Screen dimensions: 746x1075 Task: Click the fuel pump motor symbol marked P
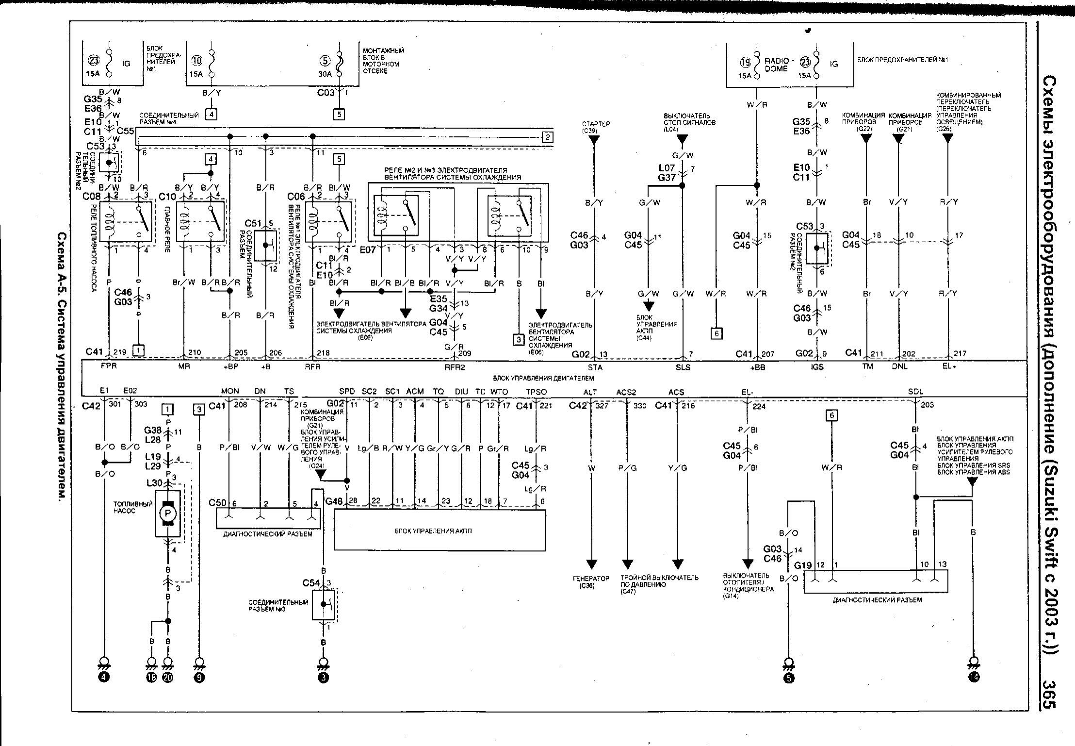coord(168,514)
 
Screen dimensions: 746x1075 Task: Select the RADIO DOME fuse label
coord(776,65)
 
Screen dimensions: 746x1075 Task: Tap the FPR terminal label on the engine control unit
coord(109,367)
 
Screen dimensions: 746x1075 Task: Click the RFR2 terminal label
coord(455,367)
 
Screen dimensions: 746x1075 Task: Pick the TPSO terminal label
coord(536,392)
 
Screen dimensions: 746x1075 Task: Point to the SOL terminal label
coord(915,392)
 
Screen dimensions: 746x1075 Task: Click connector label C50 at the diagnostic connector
coord(218,502)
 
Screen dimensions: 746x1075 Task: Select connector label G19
coord(803,565)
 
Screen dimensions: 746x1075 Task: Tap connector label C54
coord(311,582)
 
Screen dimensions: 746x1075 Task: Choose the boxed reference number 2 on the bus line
coord(548,137)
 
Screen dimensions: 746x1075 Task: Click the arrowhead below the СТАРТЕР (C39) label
coord(593,141)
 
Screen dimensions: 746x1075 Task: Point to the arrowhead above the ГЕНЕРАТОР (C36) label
coord(591,564)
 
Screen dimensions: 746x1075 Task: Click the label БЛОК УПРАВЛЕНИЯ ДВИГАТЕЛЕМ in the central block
coord(543,378)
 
